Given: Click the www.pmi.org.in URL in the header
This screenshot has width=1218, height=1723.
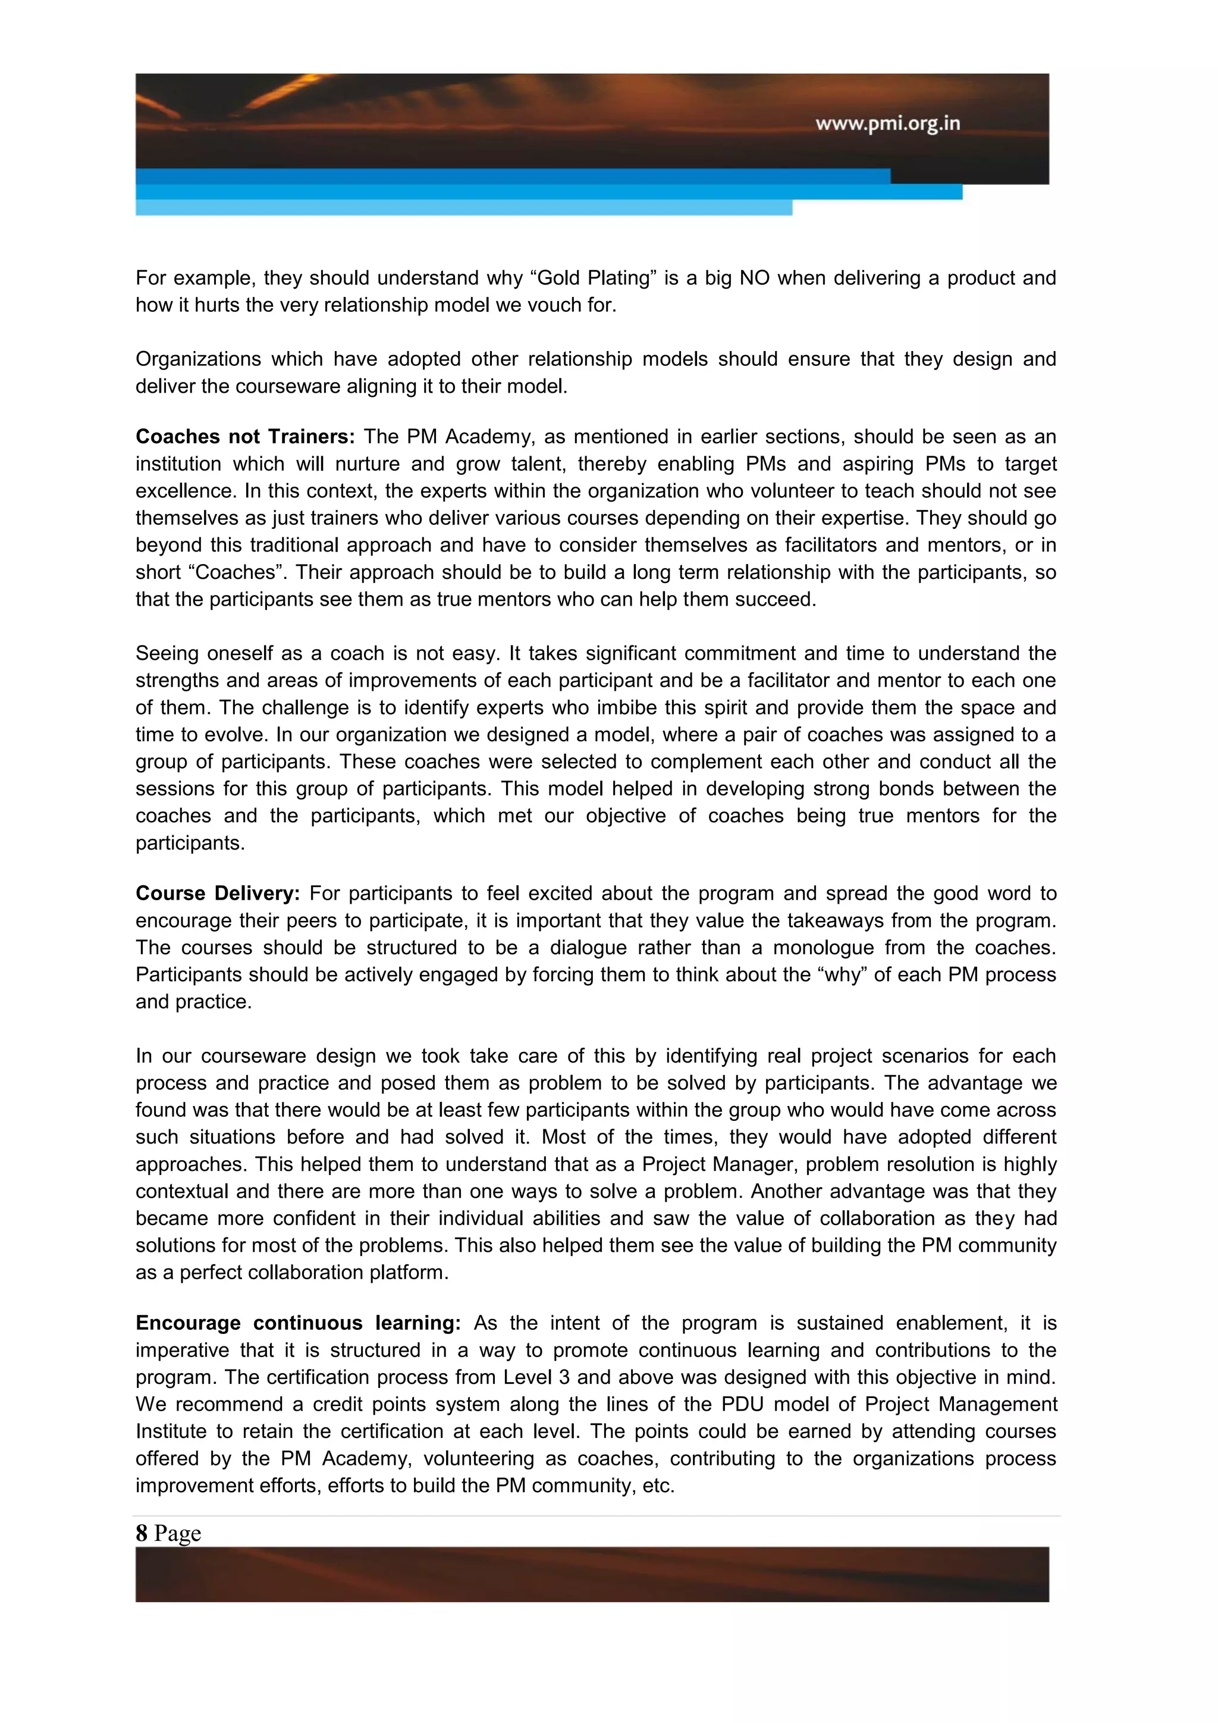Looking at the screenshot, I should click(x=887, y=123).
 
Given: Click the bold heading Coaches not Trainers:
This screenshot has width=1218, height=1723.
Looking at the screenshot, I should click(x=244, y=437).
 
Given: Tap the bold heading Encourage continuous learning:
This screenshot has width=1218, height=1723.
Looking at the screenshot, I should click(x=298, y=1323).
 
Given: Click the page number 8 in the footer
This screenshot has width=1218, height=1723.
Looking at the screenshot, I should click(x=141, y=1533).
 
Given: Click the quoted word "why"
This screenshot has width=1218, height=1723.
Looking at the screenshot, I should click(x=842, y=974).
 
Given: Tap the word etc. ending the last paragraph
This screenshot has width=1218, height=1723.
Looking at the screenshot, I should click(x=658, y=1485).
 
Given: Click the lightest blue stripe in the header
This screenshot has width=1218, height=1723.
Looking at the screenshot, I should click(x=463, y=208).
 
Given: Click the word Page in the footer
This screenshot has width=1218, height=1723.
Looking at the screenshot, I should click(x=177, y=1533).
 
